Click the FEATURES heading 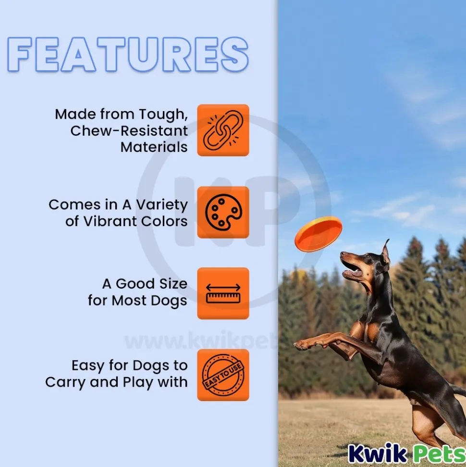point(128,54)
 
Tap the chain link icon point(223,130)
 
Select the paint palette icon point(223,212)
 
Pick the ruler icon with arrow point(223,293)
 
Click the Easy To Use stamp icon point(223,375)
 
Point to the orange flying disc point(318,233)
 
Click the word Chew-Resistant point(129,131)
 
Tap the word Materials point(154,147)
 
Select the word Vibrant point(110,221)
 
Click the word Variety point(162,205)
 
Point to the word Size point(173,284)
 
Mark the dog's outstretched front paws point(307,344)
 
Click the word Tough point(163,114)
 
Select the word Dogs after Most point(169,301)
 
